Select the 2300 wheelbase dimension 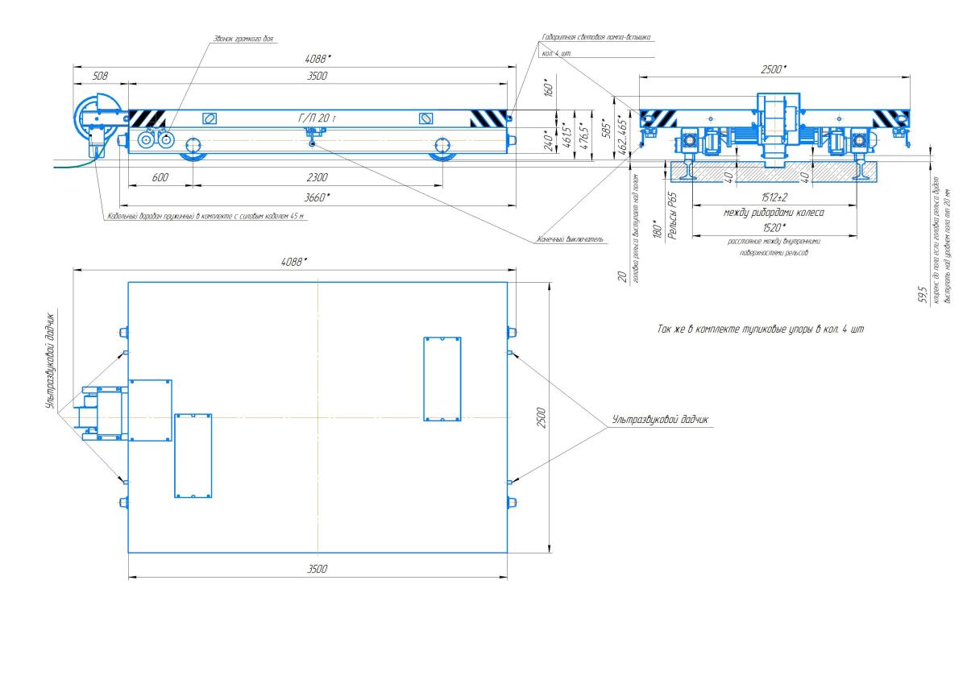pos(317,177)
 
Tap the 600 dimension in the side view pos(160,177)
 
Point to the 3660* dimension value pos(317,197)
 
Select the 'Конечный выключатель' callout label pos(571,239)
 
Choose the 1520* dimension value pos(773,228)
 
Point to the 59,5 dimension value pos(922,292)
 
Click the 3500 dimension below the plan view pos(317,569)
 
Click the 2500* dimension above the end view pos(773,69)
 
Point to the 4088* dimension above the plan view pos(293,262)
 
